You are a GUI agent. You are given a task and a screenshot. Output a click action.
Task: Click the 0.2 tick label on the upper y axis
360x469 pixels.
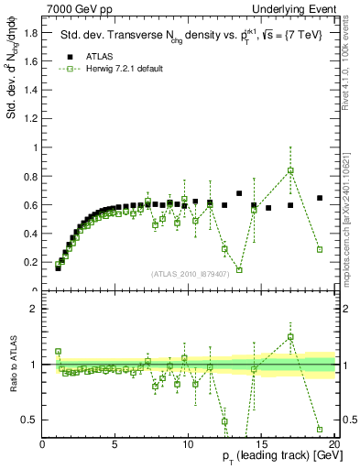[30, 262]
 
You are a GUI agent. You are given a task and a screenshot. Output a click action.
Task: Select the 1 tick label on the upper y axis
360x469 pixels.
[35, 147]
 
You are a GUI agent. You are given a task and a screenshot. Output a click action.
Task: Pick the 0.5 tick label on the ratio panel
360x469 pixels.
[30, 420]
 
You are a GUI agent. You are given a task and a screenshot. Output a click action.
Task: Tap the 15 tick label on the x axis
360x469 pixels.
[261, 444]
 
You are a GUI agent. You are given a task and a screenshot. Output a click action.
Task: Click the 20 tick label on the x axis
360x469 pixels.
[333, 444]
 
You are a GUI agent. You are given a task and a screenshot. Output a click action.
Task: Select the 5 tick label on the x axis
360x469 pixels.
[115, 444]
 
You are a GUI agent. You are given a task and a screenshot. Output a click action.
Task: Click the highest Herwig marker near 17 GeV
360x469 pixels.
[290, 170]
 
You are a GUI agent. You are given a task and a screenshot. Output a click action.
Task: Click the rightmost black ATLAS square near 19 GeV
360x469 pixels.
[320, 198]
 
